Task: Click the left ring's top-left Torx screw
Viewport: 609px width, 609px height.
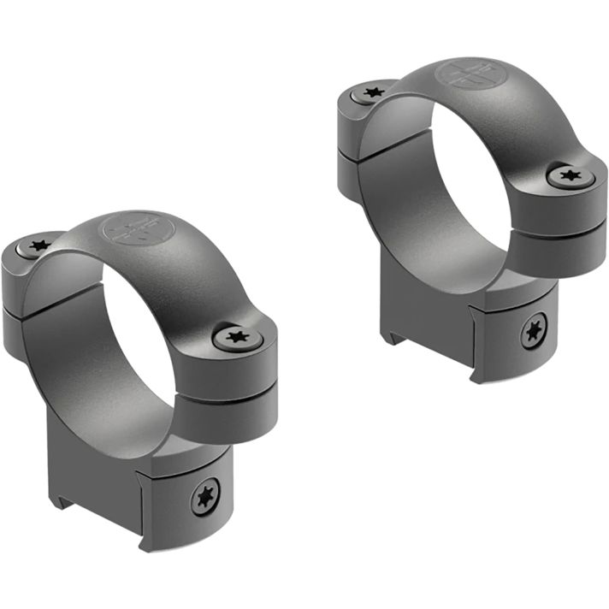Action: [38, 246]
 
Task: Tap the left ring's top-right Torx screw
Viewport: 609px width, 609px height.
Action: [237, 335]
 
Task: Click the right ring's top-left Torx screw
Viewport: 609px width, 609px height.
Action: [371, 92]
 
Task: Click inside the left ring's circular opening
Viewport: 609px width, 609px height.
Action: [128, 342]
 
